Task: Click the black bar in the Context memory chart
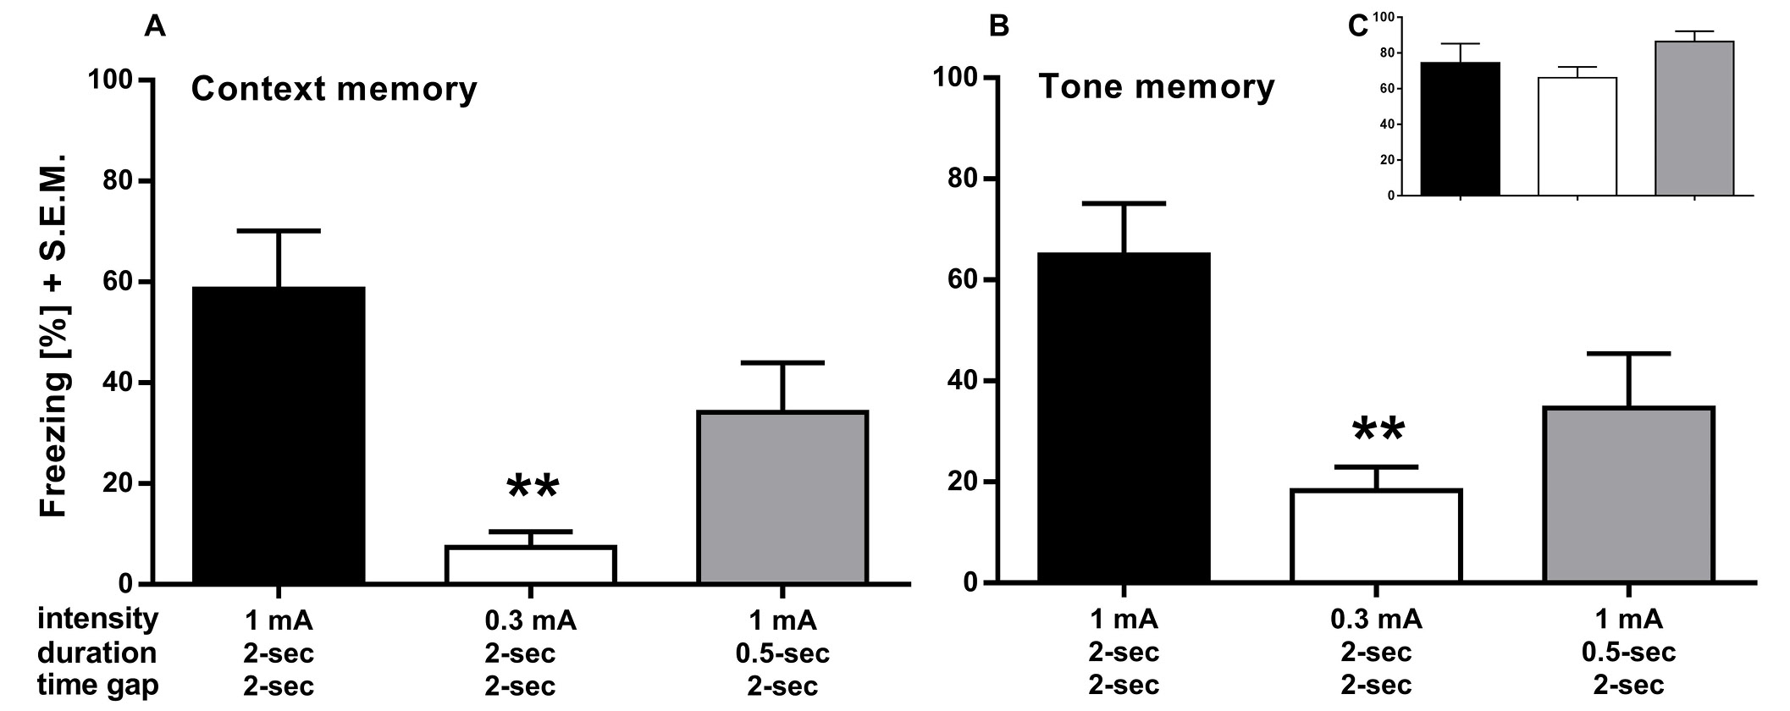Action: pos(279,435)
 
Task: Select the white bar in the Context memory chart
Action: pos(530,565)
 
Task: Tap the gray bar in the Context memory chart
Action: pos(782,497)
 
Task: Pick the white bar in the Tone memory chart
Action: pos(1376,536)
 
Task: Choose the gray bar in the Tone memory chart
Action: pos(1628,494)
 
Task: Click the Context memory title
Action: pos(334,89)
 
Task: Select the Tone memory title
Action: pos(1156,87)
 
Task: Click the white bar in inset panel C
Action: pos(1577,136)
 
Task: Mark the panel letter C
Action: pos(1357,26)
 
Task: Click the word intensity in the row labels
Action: pos(97,619)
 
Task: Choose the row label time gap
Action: pos(97,685)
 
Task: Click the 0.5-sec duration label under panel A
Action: pos(782,653)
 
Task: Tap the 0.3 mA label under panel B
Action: pos(1377,620)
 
